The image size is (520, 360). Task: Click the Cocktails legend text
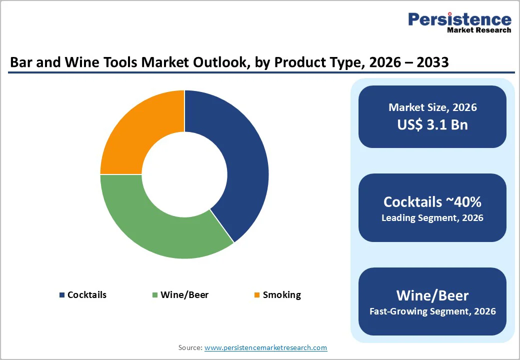tap(87, 295)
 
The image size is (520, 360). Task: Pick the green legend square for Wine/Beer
tap(155, 295)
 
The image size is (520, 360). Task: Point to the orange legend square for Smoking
tap(257, 295)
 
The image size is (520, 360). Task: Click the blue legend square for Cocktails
tap(62, 295)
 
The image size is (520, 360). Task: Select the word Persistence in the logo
tap(459, 19)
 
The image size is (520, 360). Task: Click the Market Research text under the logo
tap(479, 30)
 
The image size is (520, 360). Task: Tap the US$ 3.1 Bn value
tap(432, 124)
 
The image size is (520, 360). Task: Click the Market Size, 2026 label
tap(432, 107)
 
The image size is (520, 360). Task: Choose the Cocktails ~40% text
tap(432, 201)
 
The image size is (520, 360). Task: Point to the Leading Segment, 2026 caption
tap(432, 218)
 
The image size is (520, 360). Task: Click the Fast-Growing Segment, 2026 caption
tap(432, 311)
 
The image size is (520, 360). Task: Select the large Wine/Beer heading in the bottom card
tap(432, 295)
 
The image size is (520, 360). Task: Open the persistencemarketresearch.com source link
tap(265, 347)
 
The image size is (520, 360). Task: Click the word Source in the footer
tap(190, 347)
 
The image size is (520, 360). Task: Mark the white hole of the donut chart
tap(184, 174)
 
